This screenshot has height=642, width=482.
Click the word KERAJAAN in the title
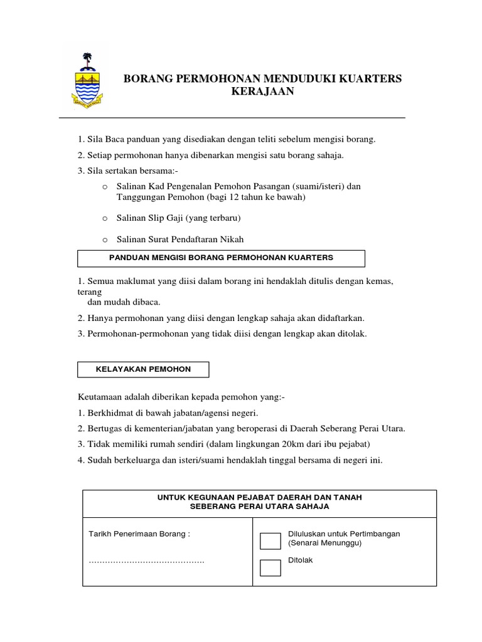[x=262, y=92]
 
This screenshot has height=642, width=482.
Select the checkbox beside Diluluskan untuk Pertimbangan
[x=270, y=540]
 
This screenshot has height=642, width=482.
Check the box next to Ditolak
[x=270, y=567]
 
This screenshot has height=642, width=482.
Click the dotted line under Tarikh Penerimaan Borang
[x=146, y=560]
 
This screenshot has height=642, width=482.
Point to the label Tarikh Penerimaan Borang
[x=139, y=534]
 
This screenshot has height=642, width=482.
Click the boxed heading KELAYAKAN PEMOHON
[x=143, y=370]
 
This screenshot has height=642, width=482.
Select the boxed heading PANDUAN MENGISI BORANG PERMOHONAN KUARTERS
[x=221, y=258]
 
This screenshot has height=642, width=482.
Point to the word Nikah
[x=232, y=239]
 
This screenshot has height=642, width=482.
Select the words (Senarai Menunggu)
[x=325, y=544]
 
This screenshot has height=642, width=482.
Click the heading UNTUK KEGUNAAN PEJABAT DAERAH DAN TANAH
[x=259, y=497]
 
